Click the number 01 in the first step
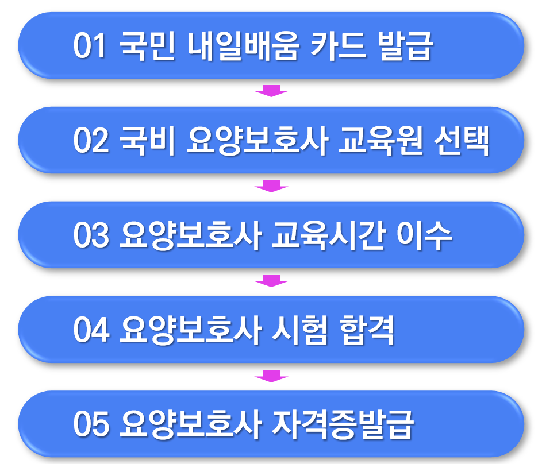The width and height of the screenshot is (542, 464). point(90,47)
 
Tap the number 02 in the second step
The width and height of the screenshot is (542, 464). point(91,142)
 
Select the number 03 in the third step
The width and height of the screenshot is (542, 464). point(91,237)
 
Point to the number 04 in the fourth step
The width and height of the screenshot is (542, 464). point(91,331)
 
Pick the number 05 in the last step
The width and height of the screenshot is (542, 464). point(91,426)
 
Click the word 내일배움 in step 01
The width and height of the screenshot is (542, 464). point(243,47)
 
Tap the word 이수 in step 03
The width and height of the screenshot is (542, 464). point(425,237)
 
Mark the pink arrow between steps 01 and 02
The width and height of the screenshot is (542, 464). point(271,91)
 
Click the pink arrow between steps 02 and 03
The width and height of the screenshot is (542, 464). point(271,185)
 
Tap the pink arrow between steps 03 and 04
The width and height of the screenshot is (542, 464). point(271,281)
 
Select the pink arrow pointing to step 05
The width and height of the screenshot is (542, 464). point(271,376)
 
